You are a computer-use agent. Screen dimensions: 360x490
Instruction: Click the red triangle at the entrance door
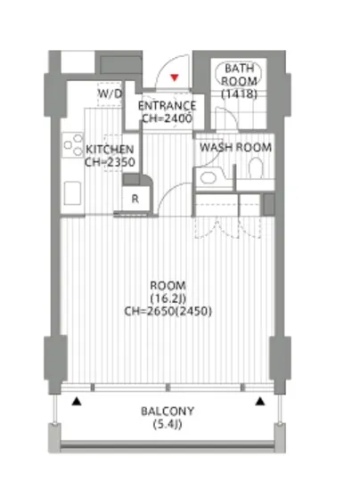tap(175, 78)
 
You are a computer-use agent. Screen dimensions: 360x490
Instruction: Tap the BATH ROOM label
tap(240, 74)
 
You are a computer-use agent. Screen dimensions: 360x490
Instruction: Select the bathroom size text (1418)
tap(240, 94)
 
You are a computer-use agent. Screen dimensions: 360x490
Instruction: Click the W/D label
tap(110, 94)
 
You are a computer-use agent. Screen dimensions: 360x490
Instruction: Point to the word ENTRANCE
tap(168, 106)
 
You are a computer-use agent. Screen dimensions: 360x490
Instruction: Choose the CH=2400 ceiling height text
tap(168, 118)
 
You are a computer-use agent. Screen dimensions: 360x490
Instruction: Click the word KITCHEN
tap(110, 150)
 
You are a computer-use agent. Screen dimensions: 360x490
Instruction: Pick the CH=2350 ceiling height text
tap(110, 162)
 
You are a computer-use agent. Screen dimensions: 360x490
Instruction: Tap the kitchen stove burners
tap(73, 145)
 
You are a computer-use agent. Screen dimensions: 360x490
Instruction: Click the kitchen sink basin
tap(72, 192)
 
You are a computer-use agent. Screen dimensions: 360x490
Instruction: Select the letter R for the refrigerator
tap(135, 199)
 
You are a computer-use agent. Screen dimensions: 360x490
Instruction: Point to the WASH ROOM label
tap(235, 147)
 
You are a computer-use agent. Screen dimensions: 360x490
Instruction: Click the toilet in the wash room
tap(257, 167)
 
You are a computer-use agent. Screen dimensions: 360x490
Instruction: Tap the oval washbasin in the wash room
tap(209, 178)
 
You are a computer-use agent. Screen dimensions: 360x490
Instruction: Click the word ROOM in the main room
tap(168, 286)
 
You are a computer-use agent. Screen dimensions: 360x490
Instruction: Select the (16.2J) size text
tap(168, 298)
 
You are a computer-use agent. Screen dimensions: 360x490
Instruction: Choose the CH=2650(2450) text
tap(168, 311)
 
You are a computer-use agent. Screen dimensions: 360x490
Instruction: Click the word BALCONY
tap(168, 411)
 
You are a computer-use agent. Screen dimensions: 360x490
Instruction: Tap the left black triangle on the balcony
tap(77, 402)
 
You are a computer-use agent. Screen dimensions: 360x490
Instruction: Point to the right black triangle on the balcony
tap(260, 401)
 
